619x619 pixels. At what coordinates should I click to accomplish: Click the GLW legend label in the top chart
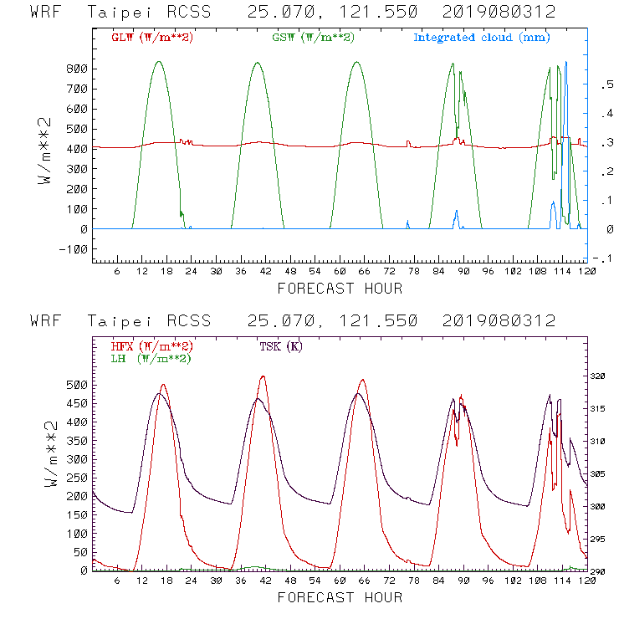151,38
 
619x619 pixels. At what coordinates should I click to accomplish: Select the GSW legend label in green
313,38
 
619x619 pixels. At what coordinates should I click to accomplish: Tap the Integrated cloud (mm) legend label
482,38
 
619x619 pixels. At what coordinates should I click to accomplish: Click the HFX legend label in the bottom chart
151,346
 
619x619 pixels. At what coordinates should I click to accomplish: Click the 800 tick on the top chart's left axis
76,69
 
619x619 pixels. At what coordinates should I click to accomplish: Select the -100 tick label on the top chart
73,249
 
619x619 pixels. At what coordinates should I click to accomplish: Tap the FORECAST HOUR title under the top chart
340,289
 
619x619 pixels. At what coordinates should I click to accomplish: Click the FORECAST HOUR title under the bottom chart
340,597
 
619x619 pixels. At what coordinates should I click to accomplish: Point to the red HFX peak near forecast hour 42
263,376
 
